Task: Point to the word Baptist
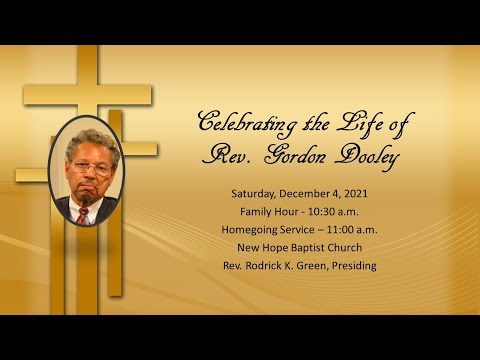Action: coord(333,247)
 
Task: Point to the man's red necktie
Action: coord(84,215)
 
